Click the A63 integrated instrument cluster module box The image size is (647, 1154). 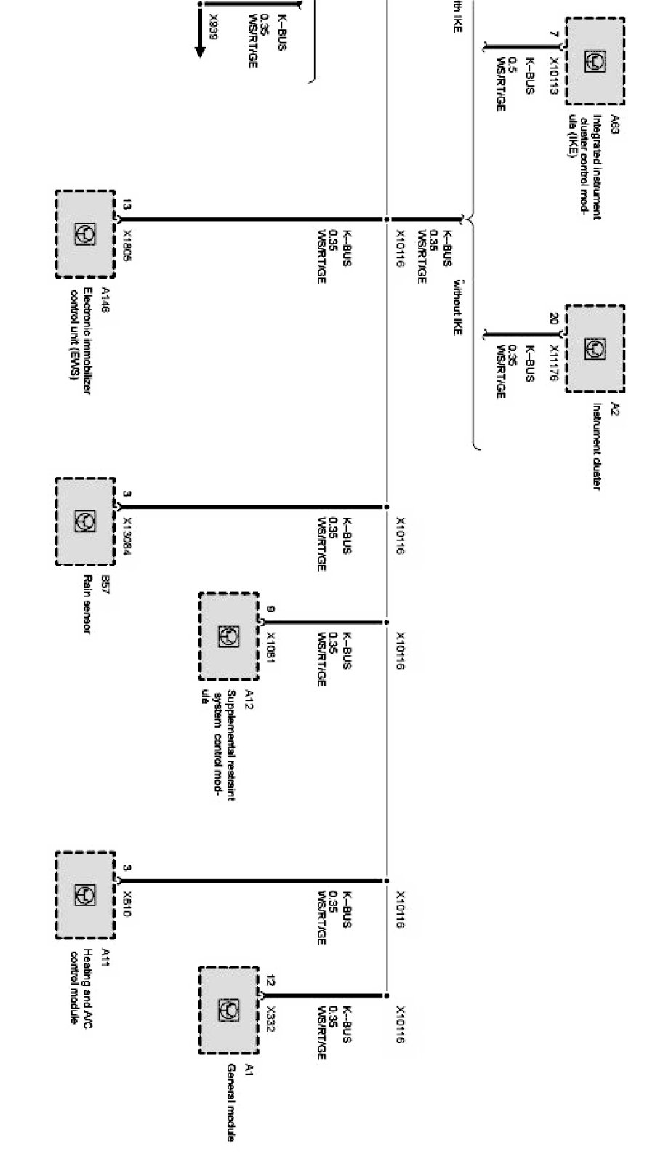tap(595, 62)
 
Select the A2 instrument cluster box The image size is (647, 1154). tap(595, 348)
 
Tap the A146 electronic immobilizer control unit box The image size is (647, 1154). tap(85, 234)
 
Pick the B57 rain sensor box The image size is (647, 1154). tap(85, 521)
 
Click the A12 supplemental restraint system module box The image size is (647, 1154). tap(229, 636)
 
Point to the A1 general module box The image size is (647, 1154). tap(229, 1010)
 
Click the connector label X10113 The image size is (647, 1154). tap(554, 77)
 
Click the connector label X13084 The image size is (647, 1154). tap(127, 534)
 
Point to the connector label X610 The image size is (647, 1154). tap(127, 903)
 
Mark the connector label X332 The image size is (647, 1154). tap(270, 1019)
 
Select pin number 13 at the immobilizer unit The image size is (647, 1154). tap(127, 205)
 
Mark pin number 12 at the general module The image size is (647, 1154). tap(270, 980)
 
